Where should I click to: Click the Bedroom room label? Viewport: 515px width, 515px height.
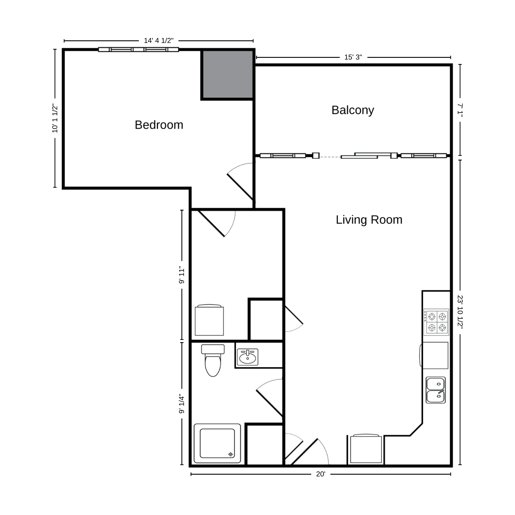[x=159, y=125]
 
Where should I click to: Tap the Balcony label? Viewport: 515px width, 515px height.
[x=353, y=110]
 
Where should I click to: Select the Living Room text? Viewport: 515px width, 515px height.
[x=369, y=220]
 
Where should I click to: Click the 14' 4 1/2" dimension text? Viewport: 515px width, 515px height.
[x=159, y=41]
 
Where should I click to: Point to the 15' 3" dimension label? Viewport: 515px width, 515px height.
[x=353, y=57]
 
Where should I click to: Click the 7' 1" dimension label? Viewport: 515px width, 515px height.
[x=460, y=110]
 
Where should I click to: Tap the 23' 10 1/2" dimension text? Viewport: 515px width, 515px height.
[x=460, y=312]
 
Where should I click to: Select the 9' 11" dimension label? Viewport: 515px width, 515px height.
[x=182, y=276]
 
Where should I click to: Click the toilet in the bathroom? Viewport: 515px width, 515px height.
[x=213, y=360]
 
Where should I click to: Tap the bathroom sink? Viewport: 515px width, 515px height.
[x=247, y=357]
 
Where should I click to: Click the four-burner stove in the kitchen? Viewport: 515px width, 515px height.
[x=436, y=322]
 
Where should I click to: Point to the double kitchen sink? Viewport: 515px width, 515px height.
[x=436, y=390]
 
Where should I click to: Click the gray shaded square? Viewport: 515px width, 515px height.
[x=228, y=74]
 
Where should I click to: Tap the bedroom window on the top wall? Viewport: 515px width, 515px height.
[x=138, y=49]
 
